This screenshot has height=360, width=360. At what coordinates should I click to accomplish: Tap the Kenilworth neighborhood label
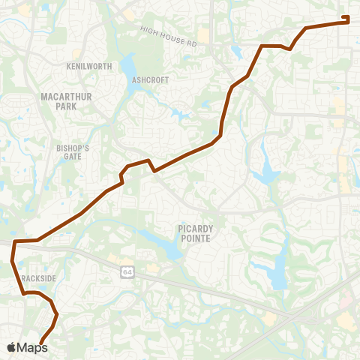[89, 67]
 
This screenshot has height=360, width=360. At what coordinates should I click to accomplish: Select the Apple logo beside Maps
[11, 346]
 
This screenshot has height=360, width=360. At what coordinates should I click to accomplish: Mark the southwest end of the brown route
[40, 343]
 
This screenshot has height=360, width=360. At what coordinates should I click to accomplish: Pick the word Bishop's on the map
[73, 148]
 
